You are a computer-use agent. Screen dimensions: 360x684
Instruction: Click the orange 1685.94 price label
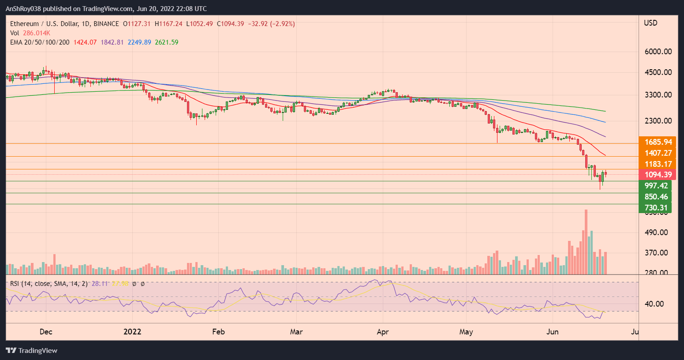pos(658,142)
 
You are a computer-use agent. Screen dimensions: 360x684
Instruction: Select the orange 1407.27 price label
pos(658,153)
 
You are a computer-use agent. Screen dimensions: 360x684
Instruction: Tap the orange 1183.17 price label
pos(658,164)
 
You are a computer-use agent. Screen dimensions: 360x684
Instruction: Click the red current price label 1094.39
pos(658,175)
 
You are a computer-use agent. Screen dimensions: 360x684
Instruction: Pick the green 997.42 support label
pos(656,186)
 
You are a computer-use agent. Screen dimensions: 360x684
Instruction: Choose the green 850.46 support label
pos(656,197)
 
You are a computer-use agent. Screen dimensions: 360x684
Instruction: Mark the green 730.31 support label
pos(656,208)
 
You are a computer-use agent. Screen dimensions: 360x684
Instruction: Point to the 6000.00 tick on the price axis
pos(658,52)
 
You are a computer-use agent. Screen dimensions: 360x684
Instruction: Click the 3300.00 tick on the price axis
pos(658,95)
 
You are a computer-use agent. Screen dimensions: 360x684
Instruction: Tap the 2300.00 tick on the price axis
pos(658,121)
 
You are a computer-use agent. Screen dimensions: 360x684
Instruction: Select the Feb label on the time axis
pos(218,332)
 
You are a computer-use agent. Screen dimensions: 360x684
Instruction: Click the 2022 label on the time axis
pos(132,332)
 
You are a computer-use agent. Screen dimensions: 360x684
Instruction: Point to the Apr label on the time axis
pos(383,332)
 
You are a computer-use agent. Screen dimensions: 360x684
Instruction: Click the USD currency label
pos(650,23)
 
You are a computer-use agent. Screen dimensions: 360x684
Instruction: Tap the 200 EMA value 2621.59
pos(167,42)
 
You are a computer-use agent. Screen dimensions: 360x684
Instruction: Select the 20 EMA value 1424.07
pos(86,42)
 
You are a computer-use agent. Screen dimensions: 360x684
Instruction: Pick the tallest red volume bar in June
pos(586,242)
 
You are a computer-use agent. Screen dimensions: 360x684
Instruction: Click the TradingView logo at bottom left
pos(32,351)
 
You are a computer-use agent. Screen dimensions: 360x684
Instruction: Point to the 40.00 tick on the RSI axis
pos(654,304)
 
